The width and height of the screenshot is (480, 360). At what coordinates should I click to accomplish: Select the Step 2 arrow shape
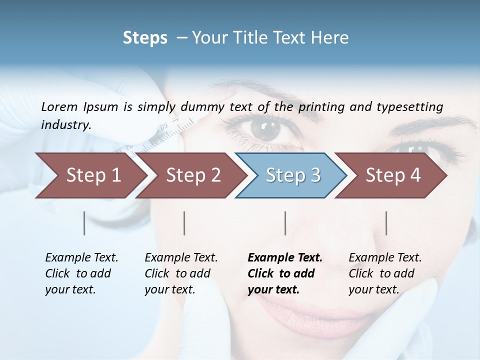pos(193,175)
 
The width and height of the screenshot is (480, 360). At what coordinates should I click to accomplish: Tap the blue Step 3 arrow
pos(293,175)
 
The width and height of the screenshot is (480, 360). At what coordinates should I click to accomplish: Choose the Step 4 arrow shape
pos(393,175)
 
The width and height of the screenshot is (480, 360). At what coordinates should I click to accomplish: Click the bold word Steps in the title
pos(145,38)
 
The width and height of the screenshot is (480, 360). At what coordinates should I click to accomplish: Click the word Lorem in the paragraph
pos(59,106)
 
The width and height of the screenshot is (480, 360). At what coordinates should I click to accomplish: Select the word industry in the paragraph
pos(66,125)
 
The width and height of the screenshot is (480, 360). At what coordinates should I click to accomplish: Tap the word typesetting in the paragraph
pos(409,106)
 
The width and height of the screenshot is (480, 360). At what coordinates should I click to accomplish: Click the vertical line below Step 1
pos(84,223)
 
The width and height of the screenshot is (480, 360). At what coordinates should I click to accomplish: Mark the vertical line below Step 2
pos(184,223)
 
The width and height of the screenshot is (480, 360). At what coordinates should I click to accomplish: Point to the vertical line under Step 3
pos(285,223)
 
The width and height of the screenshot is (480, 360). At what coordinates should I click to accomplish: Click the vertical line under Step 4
pos(386,223)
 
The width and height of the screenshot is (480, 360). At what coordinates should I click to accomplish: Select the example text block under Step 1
pos(81,273)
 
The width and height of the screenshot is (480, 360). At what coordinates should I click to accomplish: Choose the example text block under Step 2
pos(181,273)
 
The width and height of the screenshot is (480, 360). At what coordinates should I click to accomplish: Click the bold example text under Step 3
pos(285,273)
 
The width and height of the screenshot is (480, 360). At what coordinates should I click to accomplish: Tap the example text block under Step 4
pos(385,273)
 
